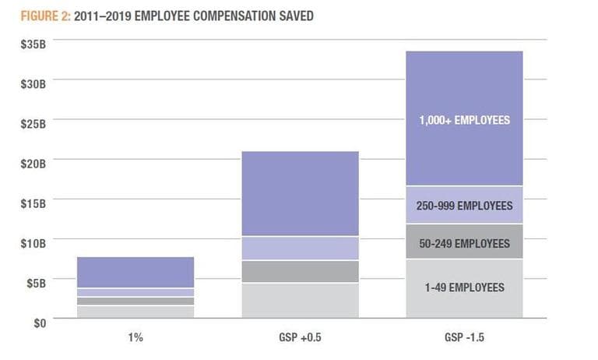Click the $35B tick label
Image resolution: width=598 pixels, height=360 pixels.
pos(33,44)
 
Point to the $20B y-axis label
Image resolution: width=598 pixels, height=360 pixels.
pos(33,163)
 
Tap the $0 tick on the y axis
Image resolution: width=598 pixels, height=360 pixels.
pos(39,321)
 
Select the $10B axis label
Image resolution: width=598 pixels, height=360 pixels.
pos(33,242)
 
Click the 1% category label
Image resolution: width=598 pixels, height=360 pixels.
pos(135,338)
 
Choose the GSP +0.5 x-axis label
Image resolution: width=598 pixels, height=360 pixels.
pos(300,338)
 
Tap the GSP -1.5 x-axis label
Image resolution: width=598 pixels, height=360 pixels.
pos(464,338)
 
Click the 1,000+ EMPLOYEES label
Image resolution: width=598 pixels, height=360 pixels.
pos(464,120)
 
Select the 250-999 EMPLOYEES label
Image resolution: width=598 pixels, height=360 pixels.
pos(464,206)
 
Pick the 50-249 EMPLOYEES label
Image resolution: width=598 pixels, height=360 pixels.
pos(464,243)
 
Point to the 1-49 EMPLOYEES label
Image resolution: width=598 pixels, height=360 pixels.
pos(464,288)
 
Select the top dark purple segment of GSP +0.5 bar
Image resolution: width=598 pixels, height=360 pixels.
pos(300,193)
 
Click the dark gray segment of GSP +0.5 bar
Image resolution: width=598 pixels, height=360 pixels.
pos(300,271)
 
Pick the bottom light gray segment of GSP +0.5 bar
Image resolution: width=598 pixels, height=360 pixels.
pos(300,301)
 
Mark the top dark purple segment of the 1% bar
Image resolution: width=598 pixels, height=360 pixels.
pos(135,272)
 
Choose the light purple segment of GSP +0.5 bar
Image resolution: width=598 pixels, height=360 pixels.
pos(300,248)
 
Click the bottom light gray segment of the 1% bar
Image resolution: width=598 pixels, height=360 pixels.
pos(135,312)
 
